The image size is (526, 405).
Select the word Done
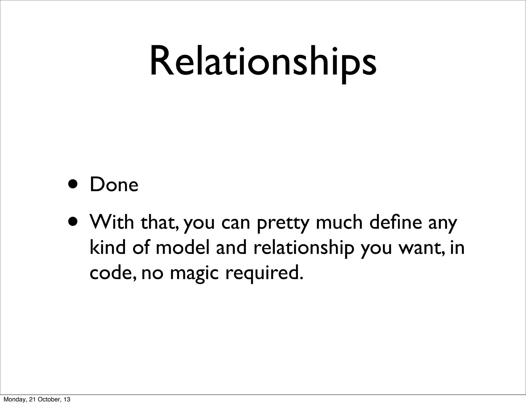click(114, 185)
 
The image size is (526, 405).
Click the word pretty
click(283, 224)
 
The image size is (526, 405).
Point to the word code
click(112, 273)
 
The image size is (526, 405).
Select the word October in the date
click(48, 399)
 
